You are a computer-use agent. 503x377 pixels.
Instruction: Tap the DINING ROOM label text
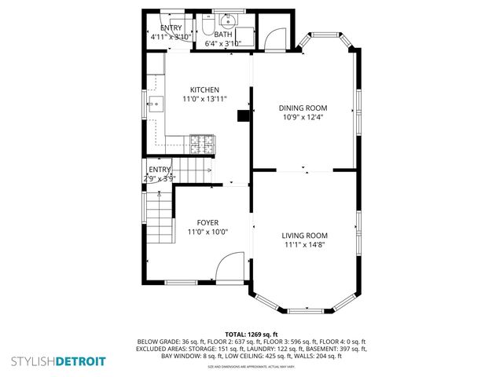pos(303,108)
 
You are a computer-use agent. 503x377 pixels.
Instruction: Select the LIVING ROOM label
pos(304,235)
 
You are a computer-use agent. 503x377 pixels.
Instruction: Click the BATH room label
pos(222,34)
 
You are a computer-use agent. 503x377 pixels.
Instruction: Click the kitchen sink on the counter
pos(153,103)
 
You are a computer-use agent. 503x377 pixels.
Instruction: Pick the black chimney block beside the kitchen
pos(243,116)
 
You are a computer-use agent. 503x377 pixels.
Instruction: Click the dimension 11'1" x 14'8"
pos(304,245)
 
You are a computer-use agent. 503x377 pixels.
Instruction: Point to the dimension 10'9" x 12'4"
pos(303,117)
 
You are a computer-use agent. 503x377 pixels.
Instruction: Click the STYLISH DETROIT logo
pos(56,361)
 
